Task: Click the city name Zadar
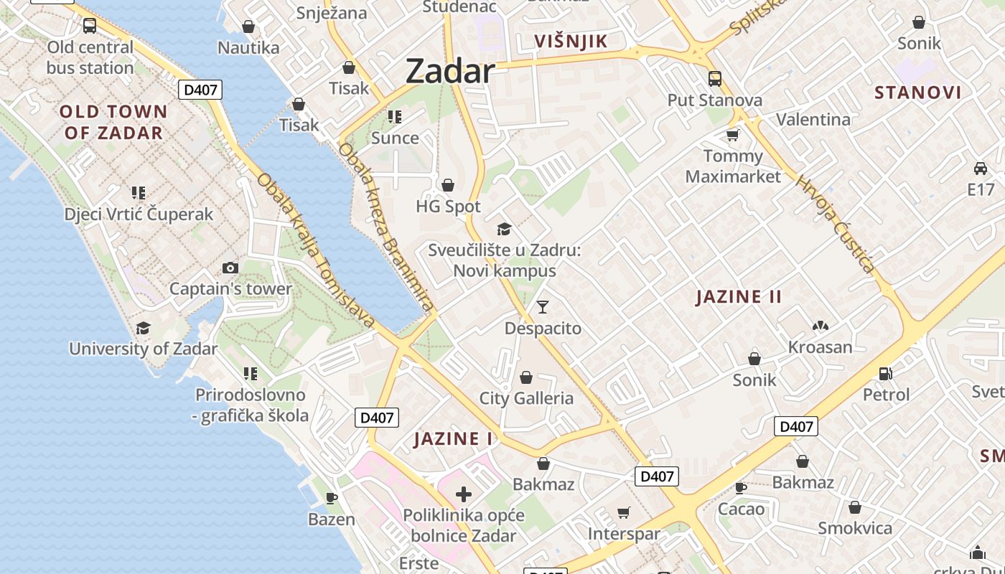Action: coord(450,71)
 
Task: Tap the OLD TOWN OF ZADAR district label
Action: coord(113,122)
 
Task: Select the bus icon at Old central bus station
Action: coord(90,26)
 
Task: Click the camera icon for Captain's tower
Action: coord(230,268)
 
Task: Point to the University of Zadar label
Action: coord(143,349)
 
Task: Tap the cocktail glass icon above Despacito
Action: coord(543,307)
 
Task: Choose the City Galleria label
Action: coord(526,398)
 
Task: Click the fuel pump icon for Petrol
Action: coord(886,373)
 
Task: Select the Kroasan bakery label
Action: coord(820,347)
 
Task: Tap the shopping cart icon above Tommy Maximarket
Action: coord(733,135)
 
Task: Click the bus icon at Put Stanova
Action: coord(714,78)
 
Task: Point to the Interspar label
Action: coord(623,534)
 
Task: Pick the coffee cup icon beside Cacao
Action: coord(741,488)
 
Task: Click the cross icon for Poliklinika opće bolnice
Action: coord(464,494)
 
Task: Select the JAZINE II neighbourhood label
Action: coord(739,296)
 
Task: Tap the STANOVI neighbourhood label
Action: coord(917,93)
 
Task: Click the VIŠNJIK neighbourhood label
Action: coord(571,41)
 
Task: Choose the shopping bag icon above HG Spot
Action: coord(448,185)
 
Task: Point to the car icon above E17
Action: coord(980,169)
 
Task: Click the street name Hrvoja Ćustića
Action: coord(836,224)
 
